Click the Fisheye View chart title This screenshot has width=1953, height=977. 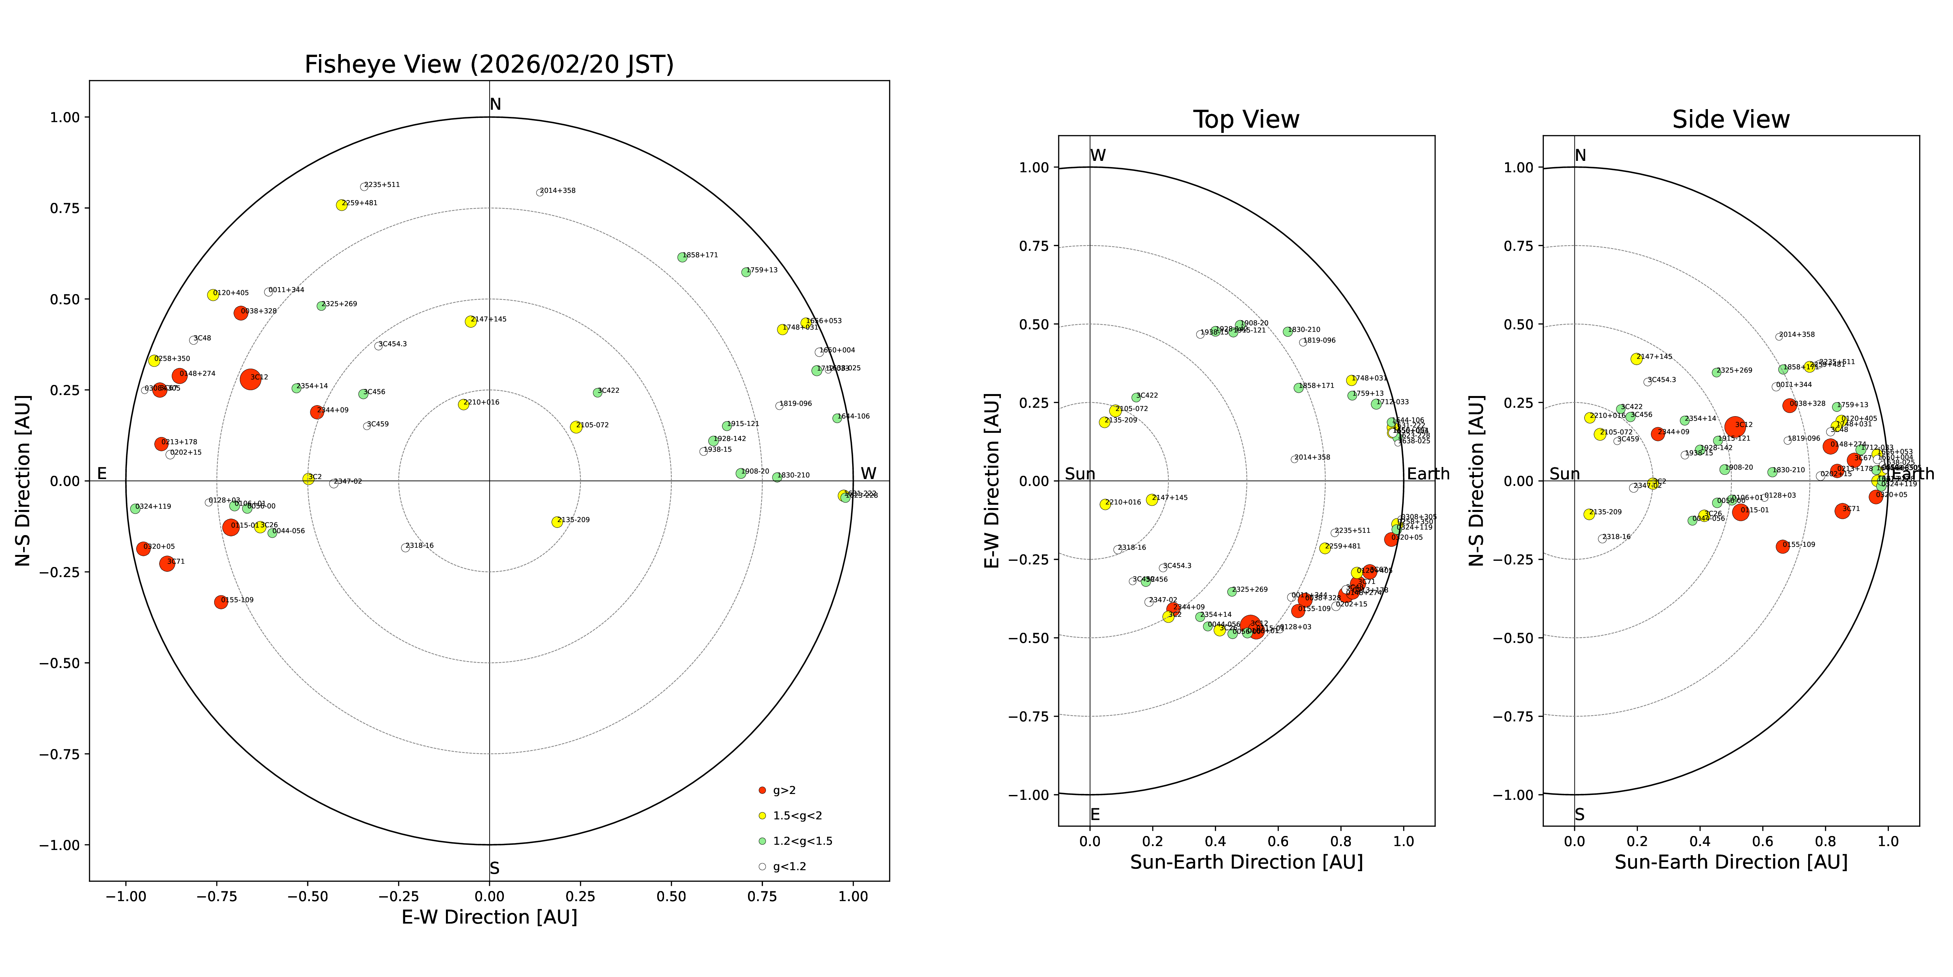click(x=489, y=64)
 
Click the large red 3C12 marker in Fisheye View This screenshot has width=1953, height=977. click(x=250, y=379)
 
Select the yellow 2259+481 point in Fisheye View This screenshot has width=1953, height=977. click(x=341, y=205)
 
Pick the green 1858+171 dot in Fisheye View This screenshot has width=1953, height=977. click(x=682, y=257)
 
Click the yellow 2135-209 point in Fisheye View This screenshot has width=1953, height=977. click(x=557, y=522)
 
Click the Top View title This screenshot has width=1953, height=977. click(x=1246, y=120)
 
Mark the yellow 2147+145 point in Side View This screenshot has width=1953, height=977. click(x=1636, y=359)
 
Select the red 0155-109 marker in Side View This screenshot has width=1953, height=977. click(x=1782, y=546)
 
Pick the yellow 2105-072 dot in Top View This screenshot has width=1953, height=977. click(x=1115, y=410)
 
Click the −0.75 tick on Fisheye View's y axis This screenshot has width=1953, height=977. click(x=59, y=754)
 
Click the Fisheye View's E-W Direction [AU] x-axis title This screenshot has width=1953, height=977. click(x=489, y=917)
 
